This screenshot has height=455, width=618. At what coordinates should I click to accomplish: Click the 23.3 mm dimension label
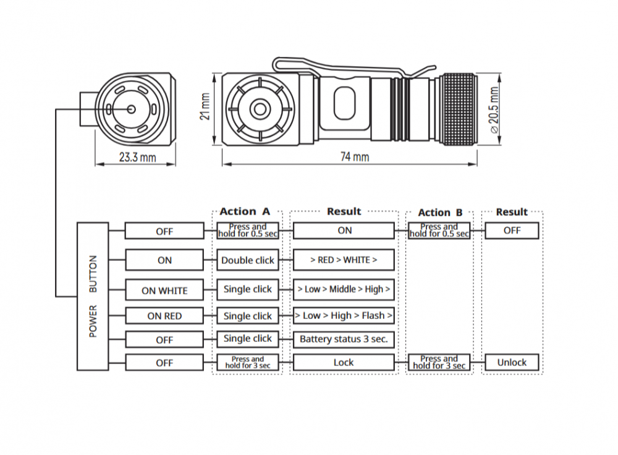coord(137,158)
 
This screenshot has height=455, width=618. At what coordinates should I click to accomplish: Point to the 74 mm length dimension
coord(354,157)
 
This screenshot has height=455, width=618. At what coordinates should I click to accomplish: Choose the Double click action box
coord(247,260)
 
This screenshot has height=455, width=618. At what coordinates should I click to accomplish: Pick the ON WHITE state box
coord(164,290)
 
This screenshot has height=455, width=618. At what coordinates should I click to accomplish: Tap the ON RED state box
coord(164,316)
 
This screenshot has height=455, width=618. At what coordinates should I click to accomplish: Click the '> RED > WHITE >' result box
coord(344,260)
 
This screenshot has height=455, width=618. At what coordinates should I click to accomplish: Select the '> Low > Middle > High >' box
coord(344,289)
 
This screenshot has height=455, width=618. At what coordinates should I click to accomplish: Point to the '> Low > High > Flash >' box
coord(344,316)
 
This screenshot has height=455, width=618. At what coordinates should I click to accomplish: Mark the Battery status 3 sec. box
coord(344,339)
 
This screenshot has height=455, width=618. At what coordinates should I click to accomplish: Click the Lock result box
coord(344,362)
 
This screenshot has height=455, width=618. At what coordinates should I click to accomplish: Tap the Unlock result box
coord(512,362)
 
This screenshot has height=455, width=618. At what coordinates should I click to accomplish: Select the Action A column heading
coord(245,212)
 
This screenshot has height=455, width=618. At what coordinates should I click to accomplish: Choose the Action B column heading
coord(440,213)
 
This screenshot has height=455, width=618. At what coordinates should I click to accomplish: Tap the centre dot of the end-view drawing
coord(132,109)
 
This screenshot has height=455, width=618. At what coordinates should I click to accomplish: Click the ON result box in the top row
coord(344,231)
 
